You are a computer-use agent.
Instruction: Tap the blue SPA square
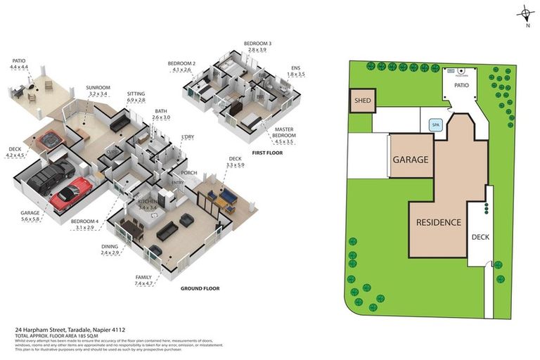click(x=436, y=125)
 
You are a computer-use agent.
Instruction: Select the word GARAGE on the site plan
click(x=410, y=160)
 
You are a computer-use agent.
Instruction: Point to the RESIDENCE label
click(x=438, y=222)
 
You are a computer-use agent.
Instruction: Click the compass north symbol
click(x=526, y=13)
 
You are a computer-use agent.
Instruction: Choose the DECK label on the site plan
click(x=480, y=237)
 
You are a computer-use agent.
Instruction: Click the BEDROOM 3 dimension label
click(x=257, y=46)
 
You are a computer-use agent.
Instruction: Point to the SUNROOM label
click(x=98, y=91)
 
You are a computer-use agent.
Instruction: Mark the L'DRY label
click(x=188, y=136)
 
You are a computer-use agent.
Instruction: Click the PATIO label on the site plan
click(x=461, y=85)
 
